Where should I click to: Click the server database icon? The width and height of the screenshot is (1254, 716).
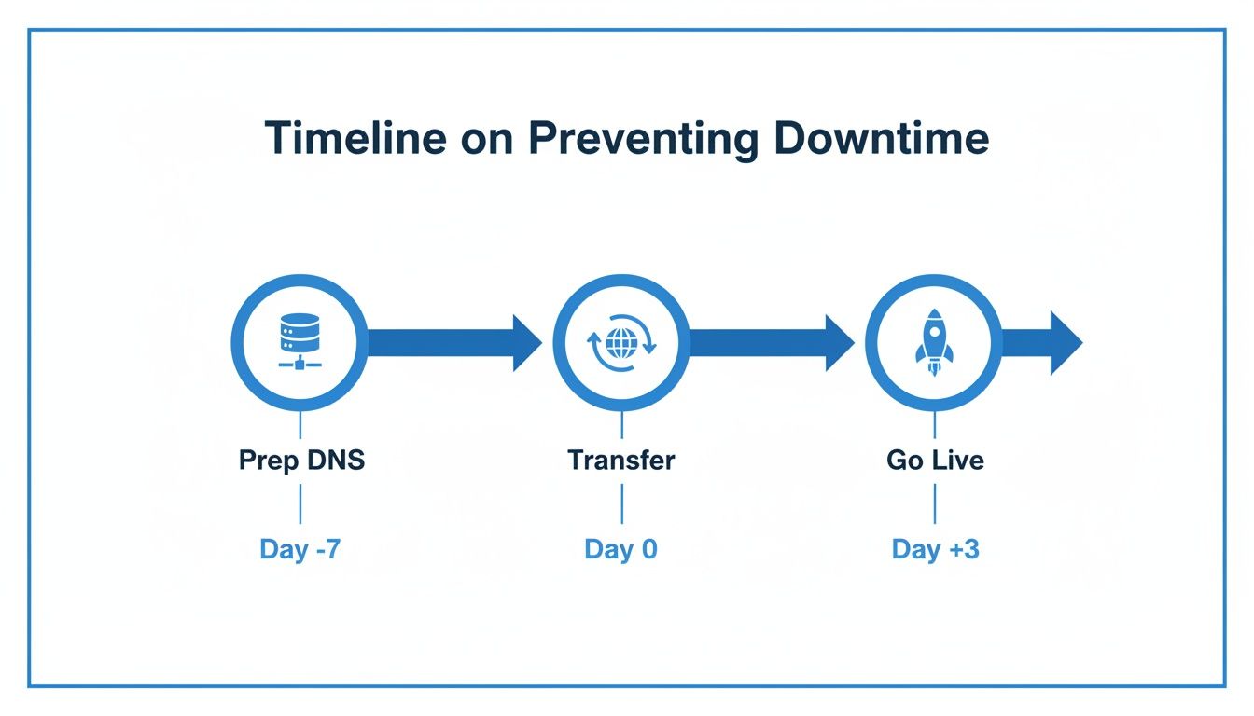(300, 343)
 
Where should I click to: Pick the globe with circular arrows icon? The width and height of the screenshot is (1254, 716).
(621, 343)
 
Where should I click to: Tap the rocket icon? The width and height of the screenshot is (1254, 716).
(934, 343)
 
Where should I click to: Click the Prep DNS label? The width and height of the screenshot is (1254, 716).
(301, 461)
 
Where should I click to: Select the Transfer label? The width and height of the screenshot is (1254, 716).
(621, 461)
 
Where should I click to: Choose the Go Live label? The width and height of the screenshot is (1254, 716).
(935, 461)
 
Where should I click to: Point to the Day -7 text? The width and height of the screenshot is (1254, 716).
(300, 549)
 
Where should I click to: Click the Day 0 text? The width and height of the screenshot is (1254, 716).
(621, 549)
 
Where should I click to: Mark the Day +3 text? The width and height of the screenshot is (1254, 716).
(935, 549)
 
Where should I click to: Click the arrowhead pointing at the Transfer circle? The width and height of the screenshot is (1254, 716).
(525, 343)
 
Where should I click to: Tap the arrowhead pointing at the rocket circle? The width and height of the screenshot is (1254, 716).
(838, 343)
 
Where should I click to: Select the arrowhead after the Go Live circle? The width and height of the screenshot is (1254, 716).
(1065, 343)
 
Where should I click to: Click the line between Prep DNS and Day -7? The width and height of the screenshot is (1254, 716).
(300, 504)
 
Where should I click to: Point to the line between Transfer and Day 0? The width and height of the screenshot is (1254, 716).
(621, 504)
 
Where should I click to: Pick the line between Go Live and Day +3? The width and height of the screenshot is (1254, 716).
(935, 504)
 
